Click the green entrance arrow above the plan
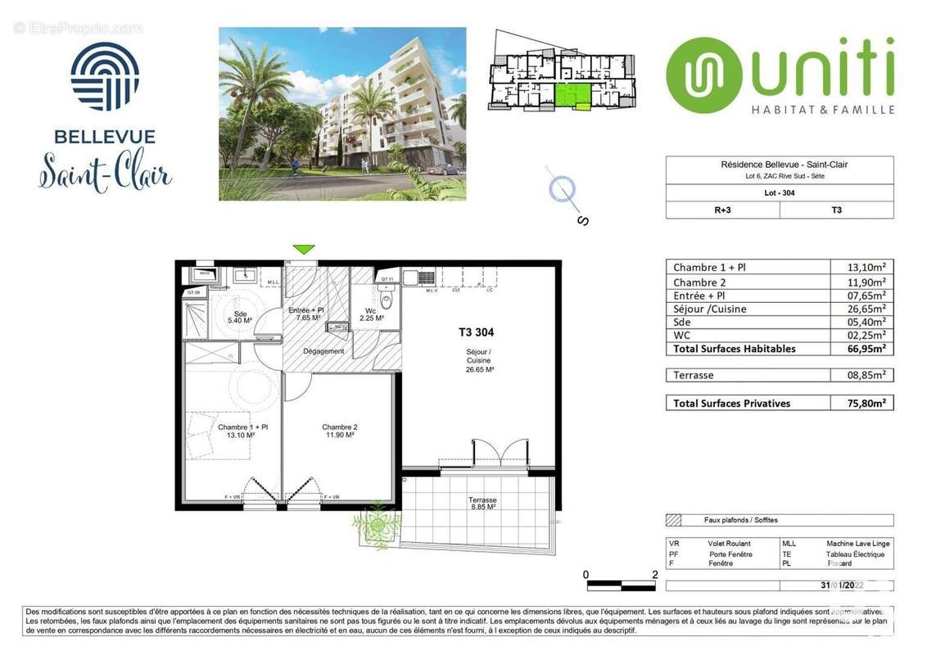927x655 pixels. pos(304,249)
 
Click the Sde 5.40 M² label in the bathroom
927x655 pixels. pos(240,318)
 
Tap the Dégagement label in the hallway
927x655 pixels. pos(323,351)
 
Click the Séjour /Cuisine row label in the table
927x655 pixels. pos(709,309)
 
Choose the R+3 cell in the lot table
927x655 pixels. pos(721,210)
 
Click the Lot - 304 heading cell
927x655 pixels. pos(779,193)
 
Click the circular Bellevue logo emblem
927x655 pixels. pos(105,76)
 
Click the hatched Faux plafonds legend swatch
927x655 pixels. pos(675,520)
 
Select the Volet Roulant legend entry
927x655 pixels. pos(728,544)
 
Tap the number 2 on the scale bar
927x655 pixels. pos(653,575)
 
